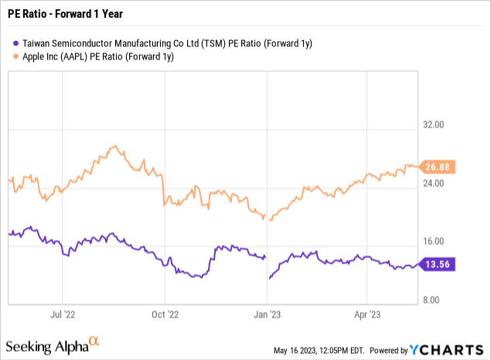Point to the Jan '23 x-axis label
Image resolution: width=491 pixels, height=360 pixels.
(x=268, y=314)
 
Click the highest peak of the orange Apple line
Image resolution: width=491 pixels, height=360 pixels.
(x=114, y=145)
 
